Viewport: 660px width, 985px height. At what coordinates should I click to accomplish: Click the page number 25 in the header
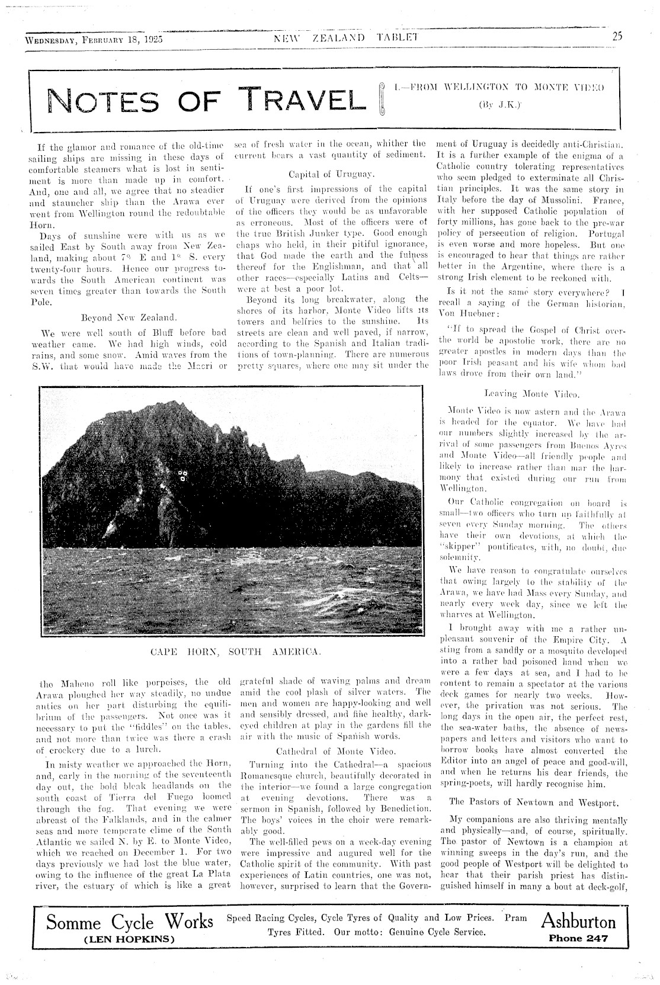(x=617, y=36)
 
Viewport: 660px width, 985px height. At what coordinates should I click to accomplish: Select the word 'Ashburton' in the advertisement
(x=578, y=922)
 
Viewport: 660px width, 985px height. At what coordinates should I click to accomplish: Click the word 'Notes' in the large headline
(x=107, y=101)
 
